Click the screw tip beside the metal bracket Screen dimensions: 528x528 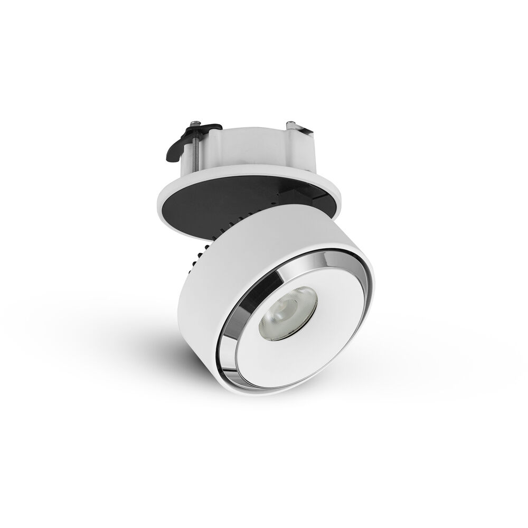pos(290,125)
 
